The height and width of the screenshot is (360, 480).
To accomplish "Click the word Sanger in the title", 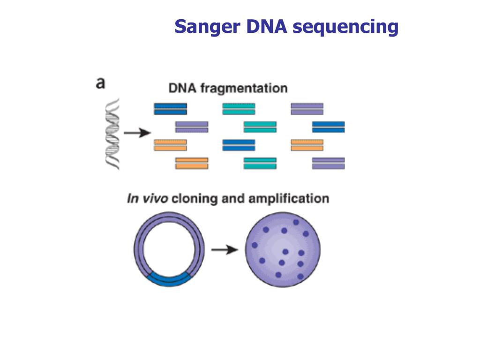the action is pos(207,27).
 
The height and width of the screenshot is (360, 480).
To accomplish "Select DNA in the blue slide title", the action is pos(266,26).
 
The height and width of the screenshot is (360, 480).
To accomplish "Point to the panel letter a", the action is pos(100,83).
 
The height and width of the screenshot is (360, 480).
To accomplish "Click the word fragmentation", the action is pos(244,89).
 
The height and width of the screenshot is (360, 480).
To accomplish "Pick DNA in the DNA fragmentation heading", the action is pos(182,88).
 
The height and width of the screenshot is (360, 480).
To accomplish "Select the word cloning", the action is pos(195,199).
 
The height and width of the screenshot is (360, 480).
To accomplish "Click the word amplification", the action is pos(289,199).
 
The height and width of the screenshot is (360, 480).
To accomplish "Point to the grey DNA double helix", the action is pos(112,134).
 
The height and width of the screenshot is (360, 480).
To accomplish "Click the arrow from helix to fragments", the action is pos(137,133).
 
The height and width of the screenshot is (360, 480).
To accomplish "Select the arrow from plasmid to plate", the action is pos(225,250).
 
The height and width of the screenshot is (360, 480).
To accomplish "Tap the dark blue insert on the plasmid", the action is pos(169,280).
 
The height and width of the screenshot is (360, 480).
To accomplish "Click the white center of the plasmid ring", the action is pos(169,248).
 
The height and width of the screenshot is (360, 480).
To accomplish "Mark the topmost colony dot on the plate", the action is pos(296,222).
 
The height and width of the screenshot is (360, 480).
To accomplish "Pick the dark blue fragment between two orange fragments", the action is pos(239,145).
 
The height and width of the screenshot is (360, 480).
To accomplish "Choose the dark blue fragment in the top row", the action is pos(170,109).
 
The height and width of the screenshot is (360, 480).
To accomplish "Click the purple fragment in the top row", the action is pos(307,109).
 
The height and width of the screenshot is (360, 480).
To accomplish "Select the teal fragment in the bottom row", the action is pos(260,163).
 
